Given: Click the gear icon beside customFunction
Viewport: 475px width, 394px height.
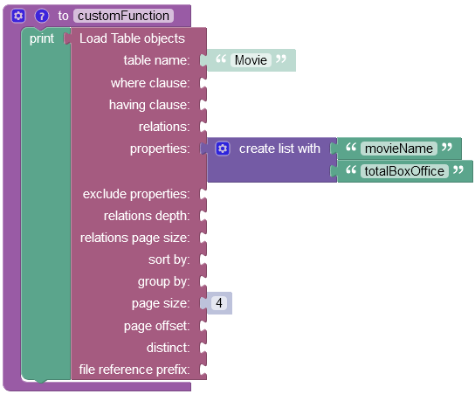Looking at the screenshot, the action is (x=18, y=16).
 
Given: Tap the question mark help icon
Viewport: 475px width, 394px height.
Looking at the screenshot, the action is (x=42, y=16).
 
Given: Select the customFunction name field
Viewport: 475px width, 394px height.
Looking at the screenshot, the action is (x=123, y=16).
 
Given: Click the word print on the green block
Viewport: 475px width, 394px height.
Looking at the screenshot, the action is (x=42, y=38).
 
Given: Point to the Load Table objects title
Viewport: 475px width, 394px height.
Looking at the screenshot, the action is (x=132, y=38).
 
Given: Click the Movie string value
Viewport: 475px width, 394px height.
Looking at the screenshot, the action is (x=251, y=60).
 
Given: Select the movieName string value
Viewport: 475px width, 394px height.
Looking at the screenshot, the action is (x=399, y=149).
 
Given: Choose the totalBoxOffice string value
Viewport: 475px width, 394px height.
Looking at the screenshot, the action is (x=404, y=171).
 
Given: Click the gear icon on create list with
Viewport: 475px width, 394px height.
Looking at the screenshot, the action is (x=223, y=149).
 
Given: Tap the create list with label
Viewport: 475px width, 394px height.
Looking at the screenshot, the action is (x=279, y=149).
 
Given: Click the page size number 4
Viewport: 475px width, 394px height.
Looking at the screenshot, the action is (x=219, y=303).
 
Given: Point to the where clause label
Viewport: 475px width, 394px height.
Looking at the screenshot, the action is (x=150, y=83).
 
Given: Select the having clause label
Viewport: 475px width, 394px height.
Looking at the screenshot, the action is (x=149, y=105).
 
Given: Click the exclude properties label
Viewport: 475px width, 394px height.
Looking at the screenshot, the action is (x=136, y=194).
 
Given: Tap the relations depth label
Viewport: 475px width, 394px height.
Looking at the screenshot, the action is (x=147, y=216).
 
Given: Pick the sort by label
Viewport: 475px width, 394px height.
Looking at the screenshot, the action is (x=169, y=259).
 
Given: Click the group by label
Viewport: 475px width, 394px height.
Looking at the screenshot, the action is (x=164, y=281).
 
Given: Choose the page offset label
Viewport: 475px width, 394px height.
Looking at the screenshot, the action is (x=157, y=326).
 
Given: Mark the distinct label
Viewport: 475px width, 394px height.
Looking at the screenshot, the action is (x=169, y=348).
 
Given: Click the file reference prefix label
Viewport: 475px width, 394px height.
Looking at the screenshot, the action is (x=134, y=370).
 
